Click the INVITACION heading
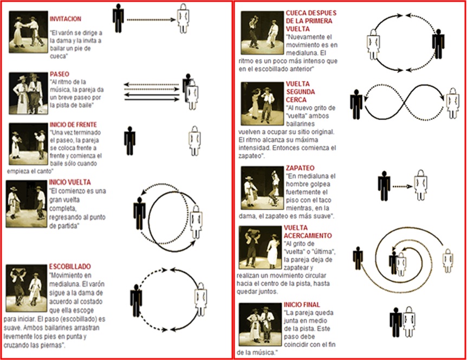[65, 19]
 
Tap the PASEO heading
[59, 74]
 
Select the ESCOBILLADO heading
[70, 266]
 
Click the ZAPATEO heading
[300, 168]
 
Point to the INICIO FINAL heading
[302, 305]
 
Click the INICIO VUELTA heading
[70, 182]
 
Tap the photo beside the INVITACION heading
[28, 32]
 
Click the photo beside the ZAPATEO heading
[262, 188]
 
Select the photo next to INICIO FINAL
[260, 324]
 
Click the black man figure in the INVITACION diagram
[118, 18]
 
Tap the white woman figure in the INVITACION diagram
[183, 18]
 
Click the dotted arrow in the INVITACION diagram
[151, 20]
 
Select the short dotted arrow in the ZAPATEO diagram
[403, 187]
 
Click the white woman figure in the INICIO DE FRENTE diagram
[194, 141]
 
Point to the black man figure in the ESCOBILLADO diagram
[136, 300]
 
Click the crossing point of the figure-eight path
[404, 103]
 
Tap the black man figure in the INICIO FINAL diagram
[395, 322]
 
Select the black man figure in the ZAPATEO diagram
[384, 186]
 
